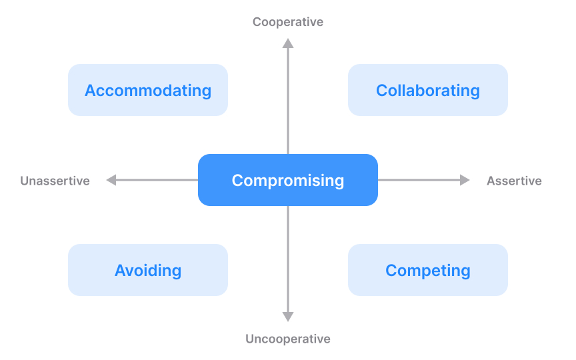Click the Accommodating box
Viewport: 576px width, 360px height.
148,90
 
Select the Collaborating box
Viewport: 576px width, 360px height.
427,90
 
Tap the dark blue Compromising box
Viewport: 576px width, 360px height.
288,180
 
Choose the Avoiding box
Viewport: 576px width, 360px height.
148,270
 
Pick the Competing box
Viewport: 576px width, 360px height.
427,270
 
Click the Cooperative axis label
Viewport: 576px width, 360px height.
288,22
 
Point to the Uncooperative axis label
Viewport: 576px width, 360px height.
288,339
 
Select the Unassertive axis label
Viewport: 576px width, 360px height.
55,181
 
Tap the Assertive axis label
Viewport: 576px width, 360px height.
514,181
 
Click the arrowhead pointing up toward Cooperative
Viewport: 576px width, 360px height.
288,43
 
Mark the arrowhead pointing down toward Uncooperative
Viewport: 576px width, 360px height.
288,317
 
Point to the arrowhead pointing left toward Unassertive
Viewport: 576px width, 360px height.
111,180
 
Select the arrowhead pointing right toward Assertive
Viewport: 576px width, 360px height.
465,180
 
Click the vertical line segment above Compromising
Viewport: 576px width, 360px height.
288,100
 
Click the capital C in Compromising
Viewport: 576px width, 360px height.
237,180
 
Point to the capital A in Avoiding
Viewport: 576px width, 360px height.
121,270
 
